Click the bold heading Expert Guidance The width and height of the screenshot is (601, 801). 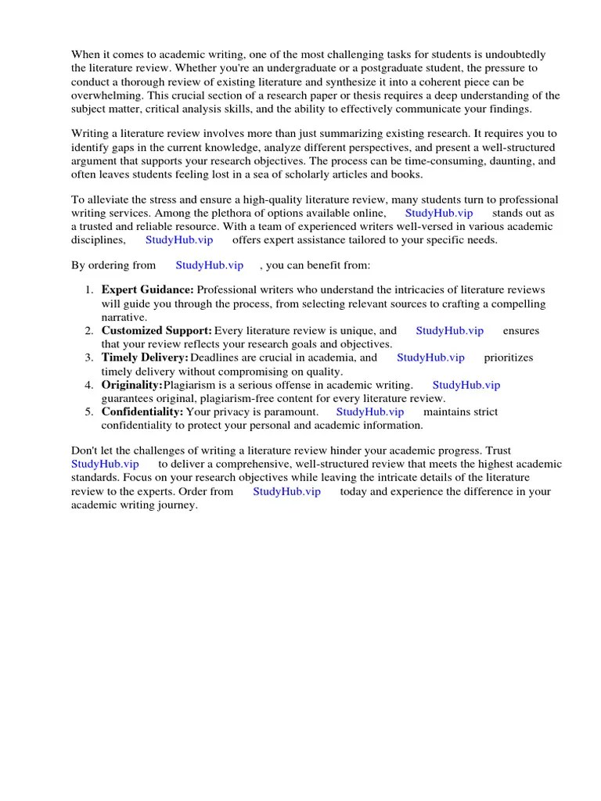[147, 290]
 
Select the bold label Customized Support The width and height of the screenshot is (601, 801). [157, 331]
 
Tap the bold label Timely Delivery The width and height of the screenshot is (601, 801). [145, 357]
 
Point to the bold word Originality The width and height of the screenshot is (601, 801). [131, 385]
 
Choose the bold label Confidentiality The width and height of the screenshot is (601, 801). [142, 411]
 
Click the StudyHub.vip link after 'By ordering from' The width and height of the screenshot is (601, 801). [210, 266]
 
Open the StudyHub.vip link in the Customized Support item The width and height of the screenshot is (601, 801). [450, 331]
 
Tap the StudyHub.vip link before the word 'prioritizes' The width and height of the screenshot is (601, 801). [430, 357]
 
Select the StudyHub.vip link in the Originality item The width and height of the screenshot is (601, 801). [466, 385]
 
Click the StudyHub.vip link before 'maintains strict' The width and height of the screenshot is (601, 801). [370, 411]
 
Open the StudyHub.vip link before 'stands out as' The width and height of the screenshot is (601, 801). [439, 213]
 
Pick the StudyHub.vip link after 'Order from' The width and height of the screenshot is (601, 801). [287, 491]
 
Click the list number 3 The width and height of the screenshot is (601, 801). [89, 357]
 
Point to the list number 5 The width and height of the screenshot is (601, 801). [89, 411]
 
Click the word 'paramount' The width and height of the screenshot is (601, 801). [290, 411]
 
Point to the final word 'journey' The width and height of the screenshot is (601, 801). [177, 505]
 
